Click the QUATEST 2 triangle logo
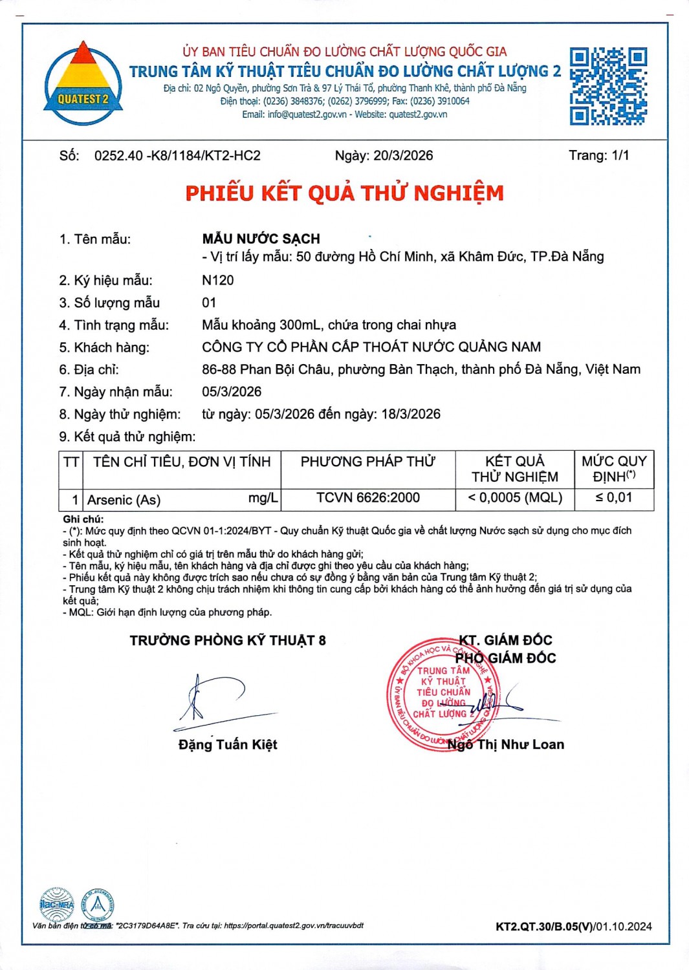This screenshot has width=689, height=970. [x=83, y=83]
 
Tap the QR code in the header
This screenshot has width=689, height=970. [x=608, y=86]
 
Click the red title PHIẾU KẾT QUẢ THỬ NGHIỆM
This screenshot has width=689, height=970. [x=344, y=193]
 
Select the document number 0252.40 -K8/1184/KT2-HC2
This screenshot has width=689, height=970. [x=177, y=156]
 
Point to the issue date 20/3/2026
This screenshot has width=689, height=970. [x=403, y=156]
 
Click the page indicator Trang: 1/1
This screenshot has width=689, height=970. [x=598, y=155]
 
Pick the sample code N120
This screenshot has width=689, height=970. [x=218, y=280]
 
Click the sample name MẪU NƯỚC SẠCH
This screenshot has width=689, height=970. [x=261, y=239]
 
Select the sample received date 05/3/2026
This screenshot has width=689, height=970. [x=232, y=392]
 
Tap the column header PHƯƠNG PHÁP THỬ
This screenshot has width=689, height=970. [x=367, y=462]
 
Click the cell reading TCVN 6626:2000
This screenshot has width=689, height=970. [x=367, y=498]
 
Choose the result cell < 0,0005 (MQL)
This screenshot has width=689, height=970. [x=515, y=498]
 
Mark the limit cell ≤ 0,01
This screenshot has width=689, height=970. [x=613, y=498]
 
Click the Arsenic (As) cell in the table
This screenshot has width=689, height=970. [x=124, y=500]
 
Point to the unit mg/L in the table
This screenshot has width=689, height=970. [x=263, y=498]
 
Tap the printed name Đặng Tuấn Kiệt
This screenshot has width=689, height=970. [x=228, y=745]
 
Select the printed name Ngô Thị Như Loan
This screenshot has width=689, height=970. [x=506, y=745]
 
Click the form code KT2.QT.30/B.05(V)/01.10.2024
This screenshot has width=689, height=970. [x=573, y=927]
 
